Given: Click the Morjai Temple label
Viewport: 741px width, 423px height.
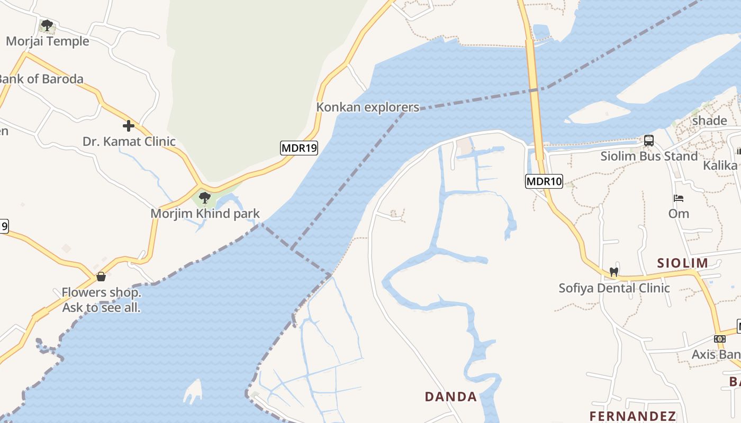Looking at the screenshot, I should tap(48, 41).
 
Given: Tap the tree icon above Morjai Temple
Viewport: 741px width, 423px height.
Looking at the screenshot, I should tap(47, 25).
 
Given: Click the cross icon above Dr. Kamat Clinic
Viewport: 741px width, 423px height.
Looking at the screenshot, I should tap(128, 126).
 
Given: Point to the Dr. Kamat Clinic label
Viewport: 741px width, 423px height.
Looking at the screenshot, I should tap(129, 142).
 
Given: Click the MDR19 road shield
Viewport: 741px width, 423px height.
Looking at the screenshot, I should tap(299, 148).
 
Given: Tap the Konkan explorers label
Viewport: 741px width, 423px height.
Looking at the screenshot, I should tap(367, 107).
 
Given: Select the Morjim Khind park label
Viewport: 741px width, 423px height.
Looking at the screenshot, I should tap(205, 214).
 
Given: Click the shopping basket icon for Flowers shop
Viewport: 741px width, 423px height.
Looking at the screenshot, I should tap(101, 277).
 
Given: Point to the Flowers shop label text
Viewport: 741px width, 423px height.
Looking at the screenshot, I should tap(102, 300).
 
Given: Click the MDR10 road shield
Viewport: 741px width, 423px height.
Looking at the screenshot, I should tap(544, 181).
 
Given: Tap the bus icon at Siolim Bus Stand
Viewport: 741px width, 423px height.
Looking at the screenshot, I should tap(649, 141).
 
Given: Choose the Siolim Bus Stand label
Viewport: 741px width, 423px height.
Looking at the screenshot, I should tap(649, 157).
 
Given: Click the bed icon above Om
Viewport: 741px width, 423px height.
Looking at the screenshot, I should tap(679, 199).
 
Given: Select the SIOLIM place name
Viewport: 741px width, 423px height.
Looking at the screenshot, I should tap(682, 263).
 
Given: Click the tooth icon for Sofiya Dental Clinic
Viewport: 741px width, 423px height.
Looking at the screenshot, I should tap(614, 272).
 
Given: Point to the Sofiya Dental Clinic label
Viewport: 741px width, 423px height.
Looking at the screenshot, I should tap(615, 288).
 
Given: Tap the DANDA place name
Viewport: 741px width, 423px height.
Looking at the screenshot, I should tap(451, 397).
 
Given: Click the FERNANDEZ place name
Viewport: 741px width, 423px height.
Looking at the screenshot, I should tap(633, 416).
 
